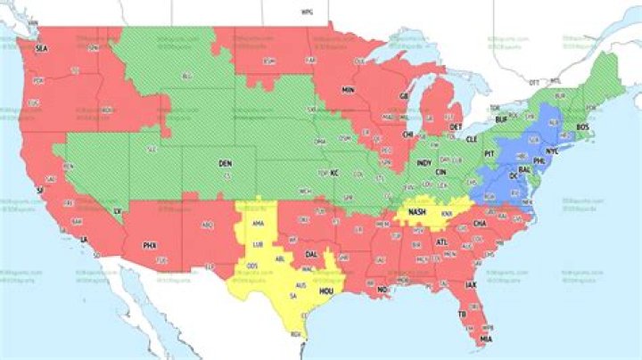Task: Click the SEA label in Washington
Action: tap(41, 49)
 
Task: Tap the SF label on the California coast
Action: tap(39, 190)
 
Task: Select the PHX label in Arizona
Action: tap(149, 244)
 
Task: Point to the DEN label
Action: tap(225, 165)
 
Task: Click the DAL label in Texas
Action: tap(311, 254)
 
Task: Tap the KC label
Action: tap(335, 172)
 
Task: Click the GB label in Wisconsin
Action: tap(403, 96)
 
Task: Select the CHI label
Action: tap(407, 135)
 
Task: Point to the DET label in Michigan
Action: tap(456, 127)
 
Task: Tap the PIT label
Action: tap(489, 152)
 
